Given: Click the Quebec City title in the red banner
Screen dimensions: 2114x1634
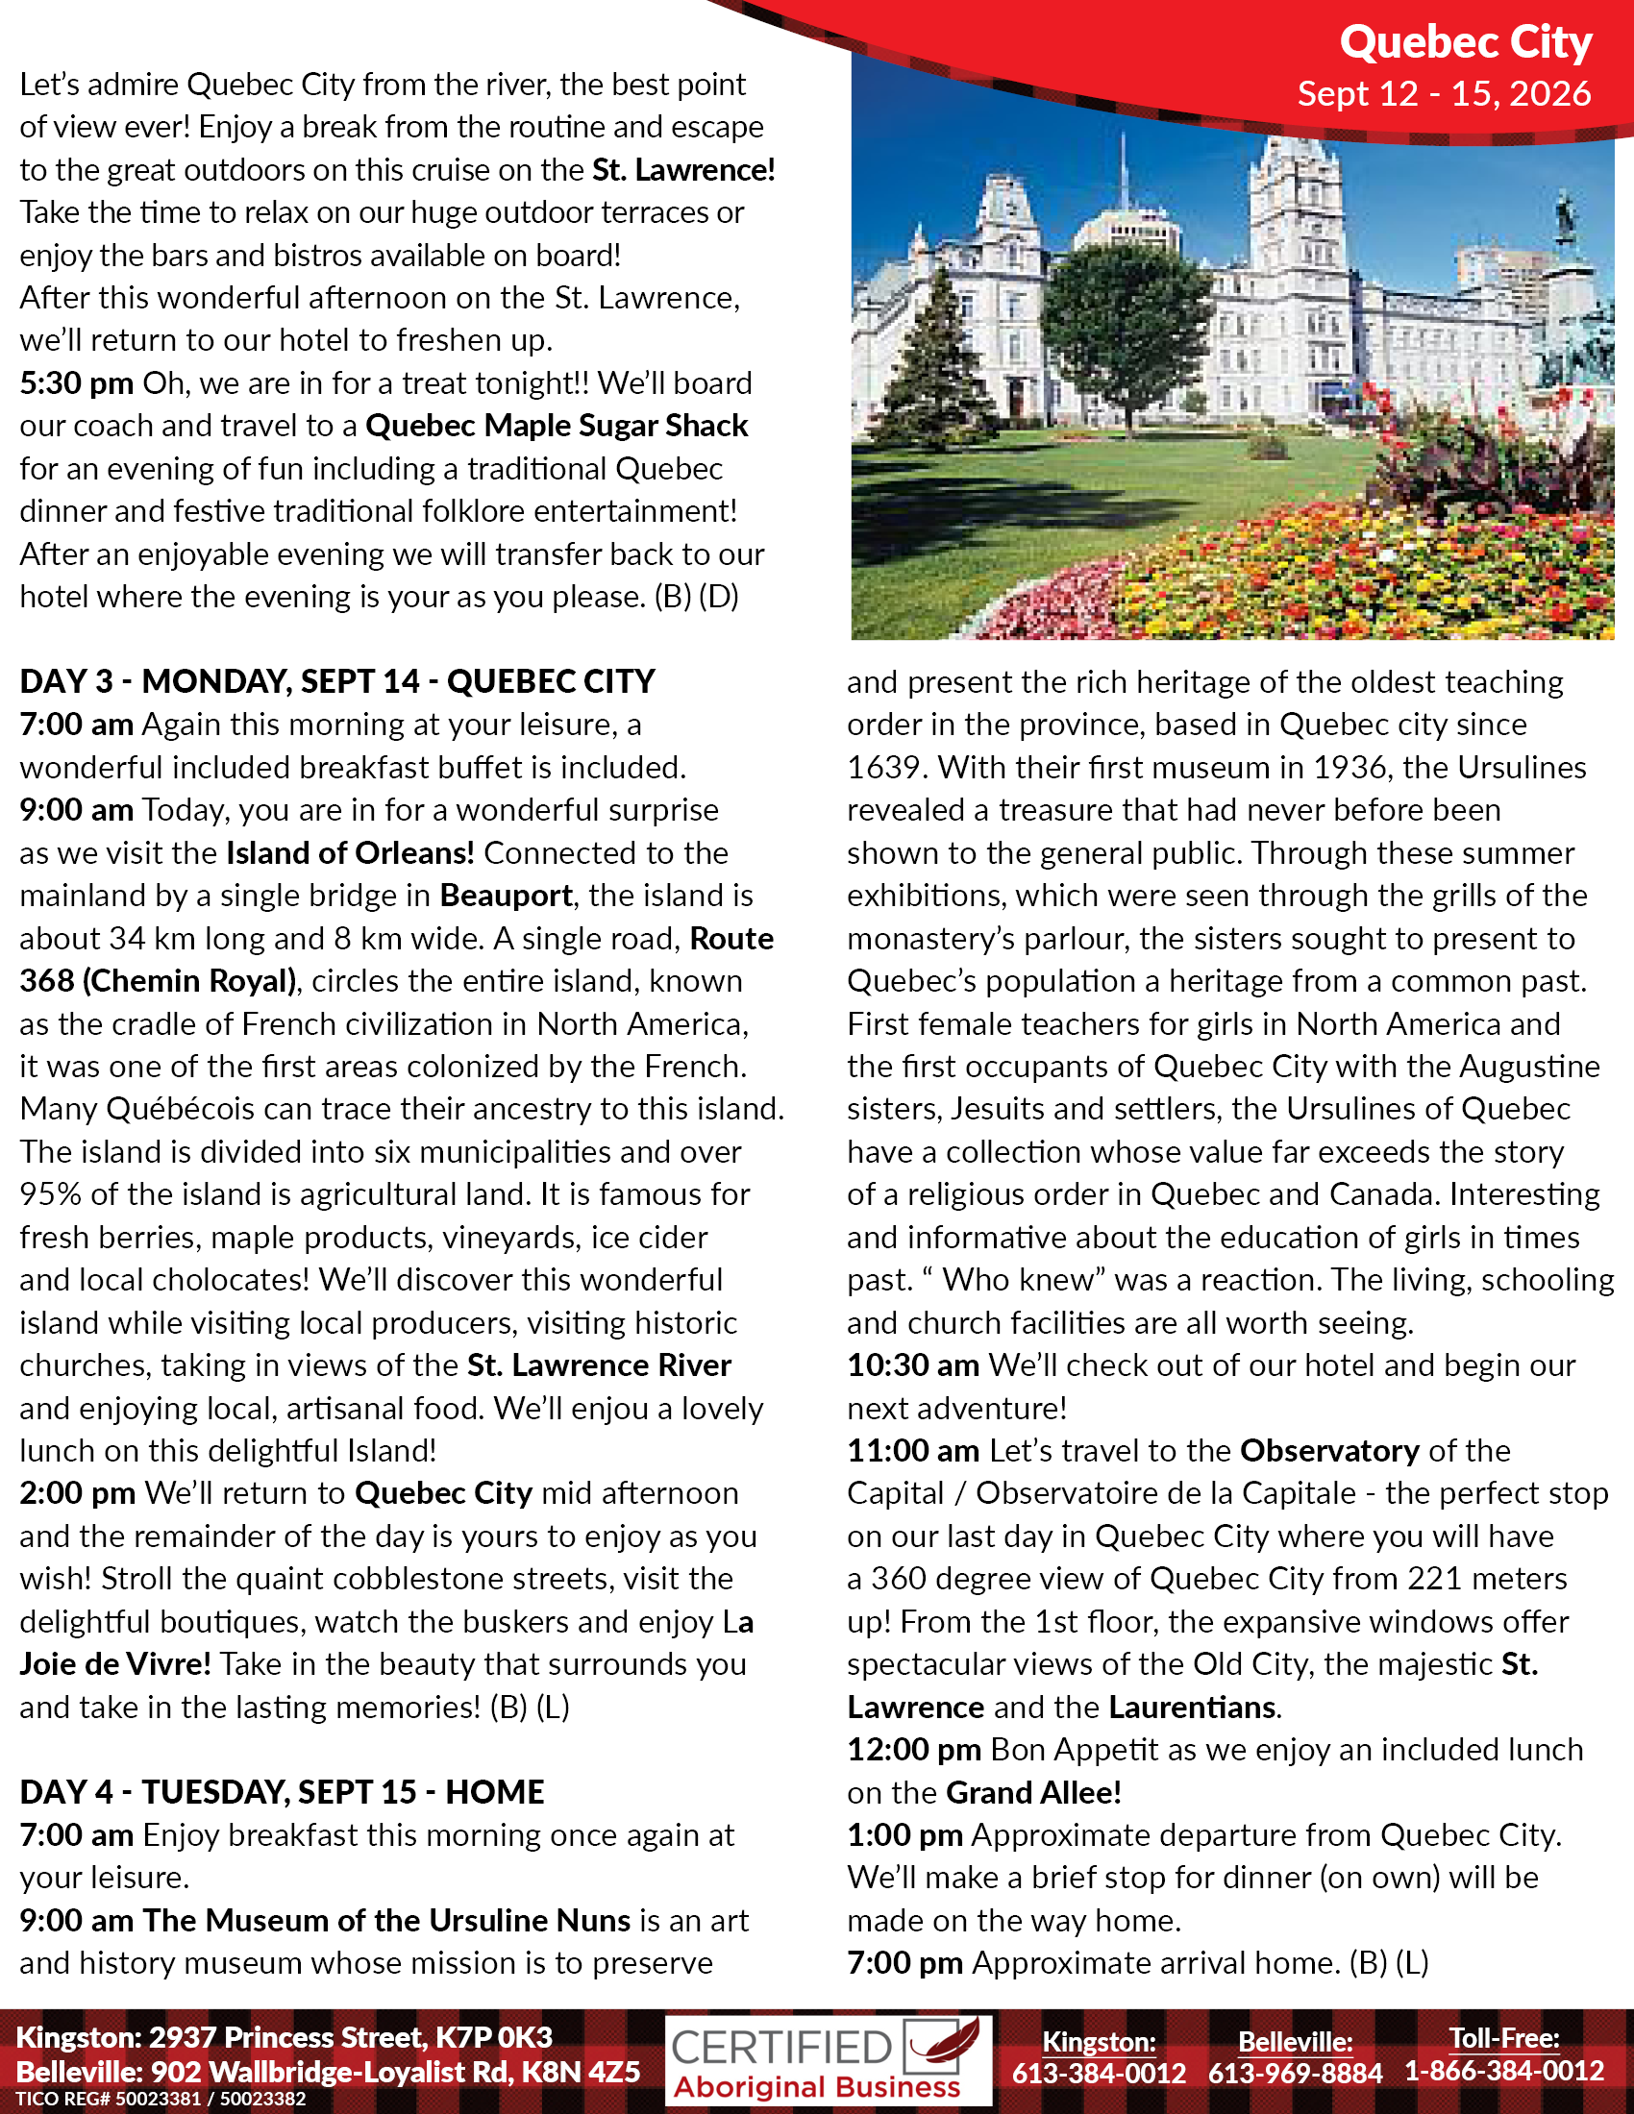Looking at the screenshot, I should (x=1465, y=42).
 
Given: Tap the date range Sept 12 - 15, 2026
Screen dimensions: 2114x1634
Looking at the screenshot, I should (x=1444, y=94).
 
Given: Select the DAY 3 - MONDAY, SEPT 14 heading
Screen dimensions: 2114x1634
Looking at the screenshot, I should (x=336, y=681).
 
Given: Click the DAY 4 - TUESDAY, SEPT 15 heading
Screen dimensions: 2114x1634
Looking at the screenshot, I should (x=282, y=1792).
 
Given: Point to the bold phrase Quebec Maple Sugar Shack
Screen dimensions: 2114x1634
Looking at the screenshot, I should (x=557, y=426).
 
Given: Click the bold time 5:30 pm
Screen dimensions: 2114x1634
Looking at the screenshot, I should (x=77, y=383).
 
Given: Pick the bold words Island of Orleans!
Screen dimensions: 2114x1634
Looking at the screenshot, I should (x=351, y=852).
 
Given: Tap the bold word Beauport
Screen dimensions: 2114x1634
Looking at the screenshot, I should (x=506, y=896).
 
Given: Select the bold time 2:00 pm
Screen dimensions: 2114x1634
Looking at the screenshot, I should (x=78, y=1492).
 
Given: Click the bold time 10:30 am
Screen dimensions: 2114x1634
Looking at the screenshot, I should (x=913, y=1364).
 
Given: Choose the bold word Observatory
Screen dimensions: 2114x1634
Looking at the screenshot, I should (x=1329, y=1450).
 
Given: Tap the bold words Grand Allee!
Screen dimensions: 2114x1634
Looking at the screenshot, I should (x=1033, y=1792).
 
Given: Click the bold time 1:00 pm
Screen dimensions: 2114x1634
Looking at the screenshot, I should (x=904, y=1834).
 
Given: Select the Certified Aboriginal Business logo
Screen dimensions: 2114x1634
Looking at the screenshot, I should (x=828, y=2061).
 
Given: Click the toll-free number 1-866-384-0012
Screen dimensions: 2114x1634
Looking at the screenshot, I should (x=1503, y=2072).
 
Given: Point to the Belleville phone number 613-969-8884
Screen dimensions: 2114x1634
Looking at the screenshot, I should (x=1295, y=2073).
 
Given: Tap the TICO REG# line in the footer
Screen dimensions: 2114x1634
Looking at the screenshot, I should (x=161, y=2099).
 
